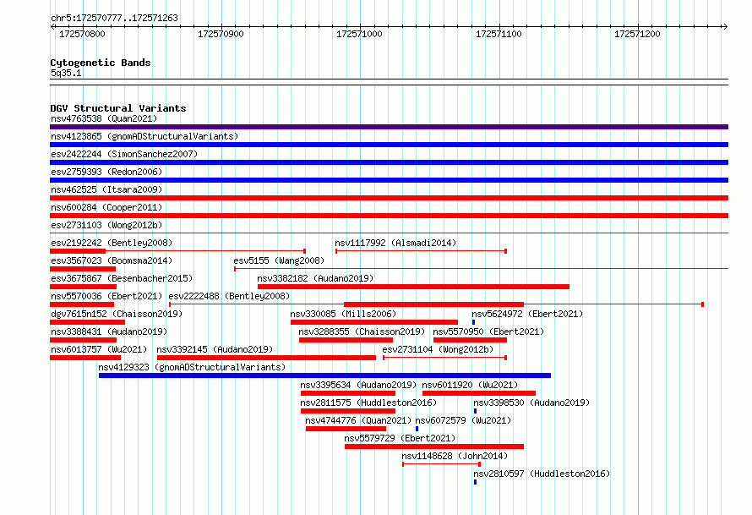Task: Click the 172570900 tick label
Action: [x=221, y=34]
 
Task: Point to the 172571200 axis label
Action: [x=637, y=34]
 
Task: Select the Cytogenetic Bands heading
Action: [x=101, y=63]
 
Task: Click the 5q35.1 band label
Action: [x=66, y=73]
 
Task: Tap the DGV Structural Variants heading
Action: [x=118, y=108]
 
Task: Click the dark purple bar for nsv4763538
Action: [x=389, y=127]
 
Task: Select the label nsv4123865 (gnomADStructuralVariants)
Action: [x=144, y=136]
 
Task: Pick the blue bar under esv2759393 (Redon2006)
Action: [x=389, y=180]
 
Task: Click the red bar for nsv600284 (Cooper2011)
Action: [x=389, y=216]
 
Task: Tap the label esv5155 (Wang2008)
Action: [x=279, y=260]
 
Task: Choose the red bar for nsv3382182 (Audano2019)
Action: [x=413, y=287]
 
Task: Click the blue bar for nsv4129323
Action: [x=324, y=375]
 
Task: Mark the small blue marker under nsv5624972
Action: [x=473, y=322]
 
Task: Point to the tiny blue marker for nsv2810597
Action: [x=475, y=482]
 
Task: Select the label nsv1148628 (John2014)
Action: [x=455, y=456]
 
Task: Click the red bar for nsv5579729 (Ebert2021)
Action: [x=434, y=447]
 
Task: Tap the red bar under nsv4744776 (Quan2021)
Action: [x=346, y=429]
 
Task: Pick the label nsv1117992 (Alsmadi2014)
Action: [x=395, y=243]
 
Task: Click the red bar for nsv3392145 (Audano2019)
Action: [x=266, y=358]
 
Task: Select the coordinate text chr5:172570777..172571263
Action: [x=114, y=18]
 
